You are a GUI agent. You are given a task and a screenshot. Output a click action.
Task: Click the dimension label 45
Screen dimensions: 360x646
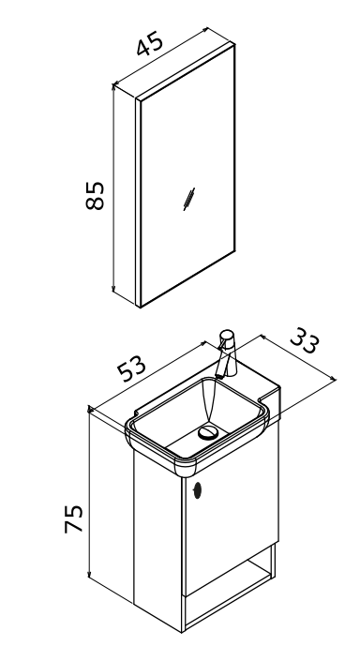(150, 43)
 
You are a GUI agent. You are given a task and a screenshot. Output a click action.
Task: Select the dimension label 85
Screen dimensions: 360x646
(95, 195)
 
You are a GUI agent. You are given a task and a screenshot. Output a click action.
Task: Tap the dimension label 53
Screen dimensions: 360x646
(131, 368)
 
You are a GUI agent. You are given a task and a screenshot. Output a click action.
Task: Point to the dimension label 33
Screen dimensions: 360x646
(305, 340)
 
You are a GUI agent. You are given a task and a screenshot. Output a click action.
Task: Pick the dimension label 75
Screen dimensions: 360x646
(73, 518)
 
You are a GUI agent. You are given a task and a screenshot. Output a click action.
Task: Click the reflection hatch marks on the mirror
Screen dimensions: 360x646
(189, 199)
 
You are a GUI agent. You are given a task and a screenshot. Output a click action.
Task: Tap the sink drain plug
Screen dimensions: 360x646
(207, 432)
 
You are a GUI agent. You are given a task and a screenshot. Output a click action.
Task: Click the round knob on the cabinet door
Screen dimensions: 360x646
(197, 489)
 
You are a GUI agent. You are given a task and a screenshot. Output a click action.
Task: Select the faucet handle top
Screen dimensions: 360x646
(227, 334)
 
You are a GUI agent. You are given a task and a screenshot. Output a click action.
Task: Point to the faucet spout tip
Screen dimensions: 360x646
(219, 375)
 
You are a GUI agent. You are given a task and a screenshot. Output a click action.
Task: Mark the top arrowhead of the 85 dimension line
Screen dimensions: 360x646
(113, 86)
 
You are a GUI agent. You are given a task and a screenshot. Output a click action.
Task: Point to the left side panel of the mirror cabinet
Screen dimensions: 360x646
(125, 194)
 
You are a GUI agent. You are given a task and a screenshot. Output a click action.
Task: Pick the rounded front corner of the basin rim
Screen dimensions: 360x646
(186, 468)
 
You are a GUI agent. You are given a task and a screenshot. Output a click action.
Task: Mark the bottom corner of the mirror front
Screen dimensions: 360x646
(140, 307)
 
